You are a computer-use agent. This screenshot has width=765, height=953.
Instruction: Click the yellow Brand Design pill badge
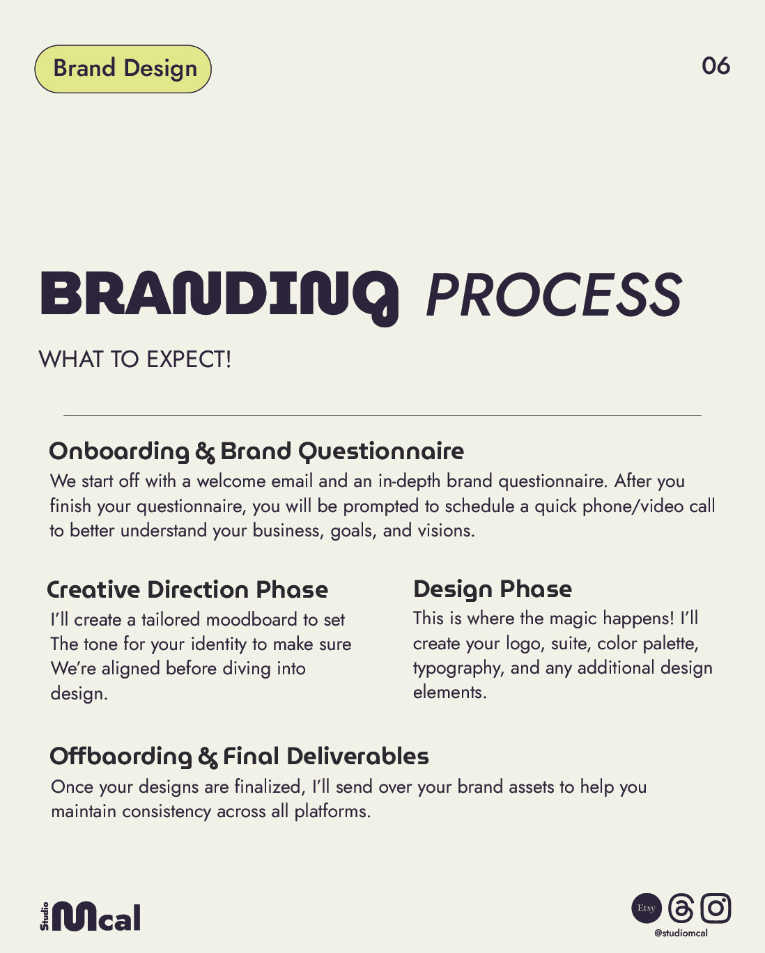click(123, 69)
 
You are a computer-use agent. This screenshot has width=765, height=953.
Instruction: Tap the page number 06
click(716, 66)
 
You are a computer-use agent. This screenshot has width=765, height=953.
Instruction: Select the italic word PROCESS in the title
click(554, 295)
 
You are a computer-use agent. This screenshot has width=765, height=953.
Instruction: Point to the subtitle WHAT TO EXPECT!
click(135, 359)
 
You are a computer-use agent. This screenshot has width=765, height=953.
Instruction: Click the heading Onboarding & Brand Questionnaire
click(256, 451)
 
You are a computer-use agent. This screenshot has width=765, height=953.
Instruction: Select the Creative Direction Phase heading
click(187, 589)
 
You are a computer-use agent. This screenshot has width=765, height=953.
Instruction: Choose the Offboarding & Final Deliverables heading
click(239, 757)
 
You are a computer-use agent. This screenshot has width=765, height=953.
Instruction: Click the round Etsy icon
click(647, 908)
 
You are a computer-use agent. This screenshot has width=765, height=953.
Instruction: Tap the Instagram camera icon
click(716, 908)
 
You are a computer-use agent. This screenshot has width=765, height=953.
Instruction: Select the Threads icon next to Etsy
click(681, 908)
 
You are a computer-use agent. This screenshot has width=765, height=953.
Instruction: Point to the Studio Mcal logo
click(91, 916)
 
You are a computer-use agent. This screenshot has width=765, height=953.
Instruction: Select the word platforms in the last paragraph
click(332, 812)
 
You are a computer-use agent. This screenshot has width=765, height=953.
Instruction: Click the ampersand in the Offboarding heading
click(208, 757)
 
